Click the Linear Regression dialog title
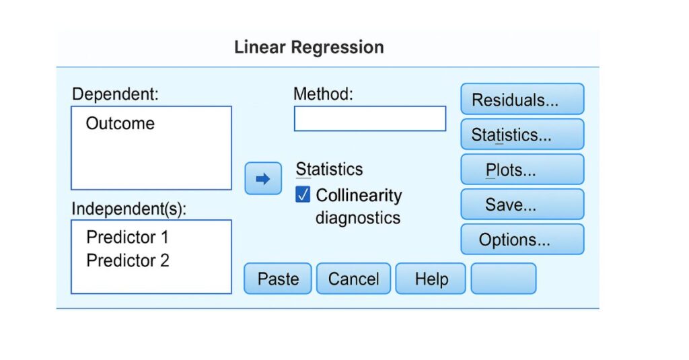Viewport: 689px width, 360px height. pyautogui.click(x=309, y=48)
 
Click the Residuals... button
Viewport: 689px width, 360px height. pyautogui.click(x=522, y=100)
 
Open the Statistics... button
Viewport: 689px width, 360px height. pyautogui.click(x=522, y=135)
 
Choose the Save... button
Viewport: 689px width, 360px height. pyautogui.click(x=522, y=205)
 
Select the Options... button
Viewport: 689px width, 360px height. pyautogui.click(x=522, y=240)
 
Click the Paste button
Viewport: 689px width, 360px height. pyautogui.click(x=278, y=279)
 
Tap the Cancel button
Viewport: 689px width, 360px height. pyautogui.click(x=354, y=279)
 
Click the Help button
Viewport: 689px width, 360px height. pyautogui.click(x=431, y=279)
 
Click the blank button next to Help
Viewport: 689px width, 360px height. pyautogui.click(x=503, y=279)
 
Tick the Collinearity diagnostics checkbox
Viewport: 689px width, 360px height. pyautogui.click(x=303, y=195)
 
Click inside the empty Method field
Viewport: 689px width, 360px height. pyautogui.click(x=369, y=118)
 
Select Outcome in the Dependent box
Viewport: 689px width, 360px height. pyautogui.click(x=120, y=124)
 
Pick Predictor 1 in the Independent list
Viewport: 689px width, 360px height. pyautogui.click(x=128, y=238)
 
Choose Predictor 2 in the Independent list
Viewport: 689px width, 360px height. pyautogui.click(x=128, y=260)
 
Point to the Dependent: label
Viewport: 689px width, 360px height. pyautogui.click(x=115, y=94)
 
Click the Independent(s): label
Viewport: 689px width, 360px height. pyautogui.click(x=129, y=209)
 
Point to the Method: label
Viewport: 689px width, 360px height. pyautogui.click(x=323, y=94)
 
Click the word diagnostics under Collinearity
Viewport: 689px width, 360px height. pyautogui.click(x=358, y=218)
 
